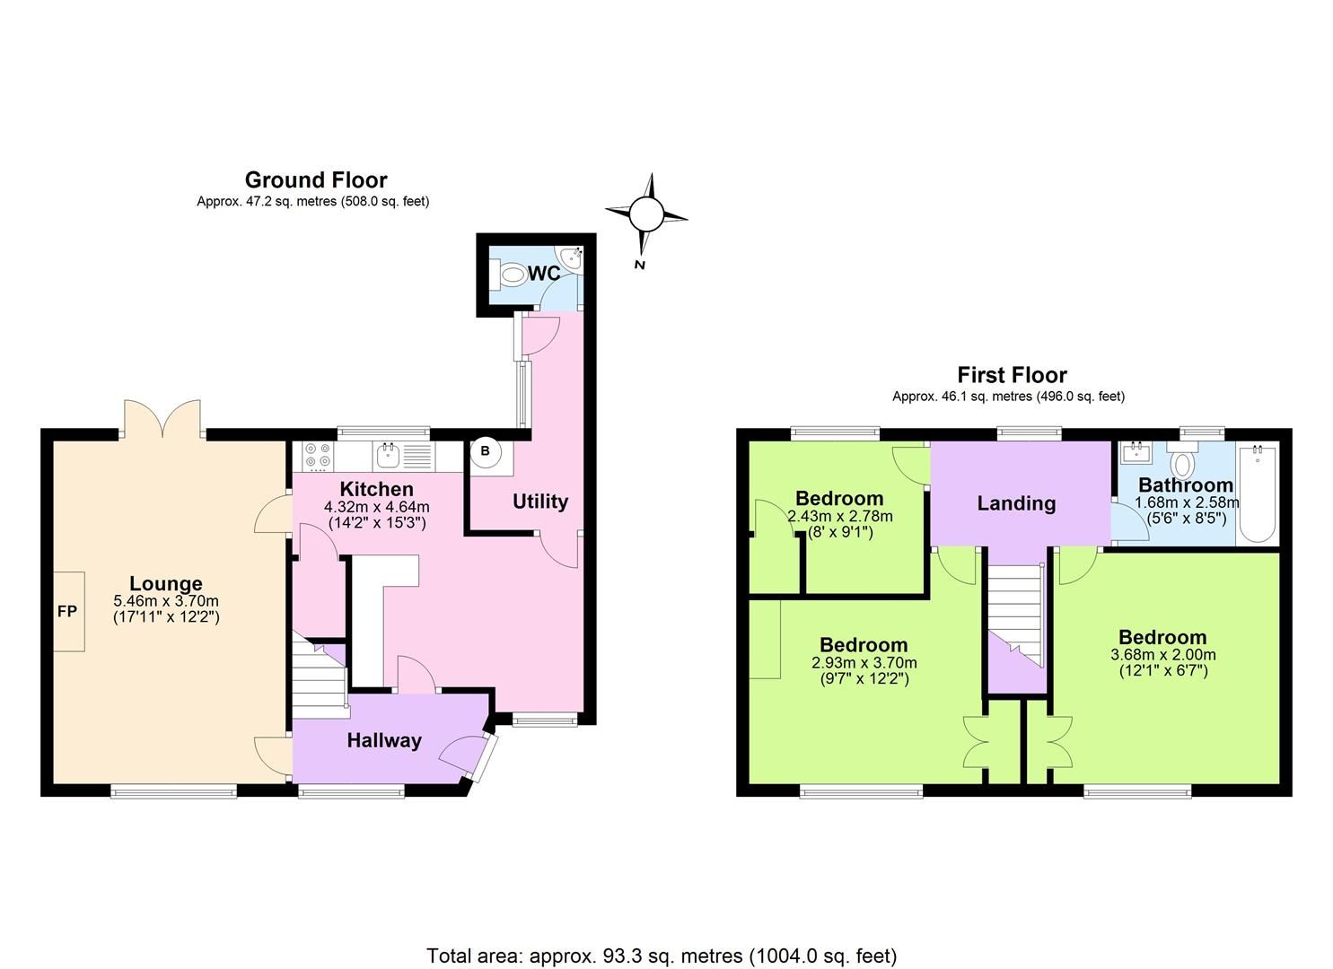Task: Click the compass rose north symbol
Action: pyautogui.click(x=645, y=215)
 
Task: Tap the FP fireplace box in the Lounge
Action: pyautogui.click(x=68, y=611)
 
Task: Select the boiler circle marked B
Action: pyautogui.click(x=485, y=451)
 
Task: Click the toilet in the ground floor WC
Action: pyautogui.click(x=512, y=274)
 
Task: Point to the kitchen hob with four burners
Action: pyautogui.click(x=317, y=456)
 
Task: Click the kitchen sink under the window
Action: pyautogui.click(x=389, y=456)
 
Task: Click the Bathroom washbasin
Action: pyautogui.click(x=1138, y=450)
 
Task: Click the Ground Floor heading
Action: pyautogui.click(x=315, y=180)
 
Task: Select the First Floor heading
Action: pyautogui.click(x=1012, y=375)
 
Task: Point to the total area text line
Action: pyautogui.click(x=662, y=956)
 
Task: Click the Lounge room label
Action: pyautogui.click(x=166, y=584)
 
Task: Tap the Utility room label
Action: pyautogui.click(x=539, y=502)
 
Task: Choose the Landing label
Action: pyautogui.click(x=1016, y=503)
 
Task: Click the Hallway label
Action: pyautogui.click(x=384, y=740)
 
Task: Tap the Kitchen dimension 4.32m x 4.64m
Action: pyautogui.click(x=376, y=507)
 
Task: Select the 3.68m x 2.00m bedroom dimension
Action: pyautogui.click(x=1162, y=655)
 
